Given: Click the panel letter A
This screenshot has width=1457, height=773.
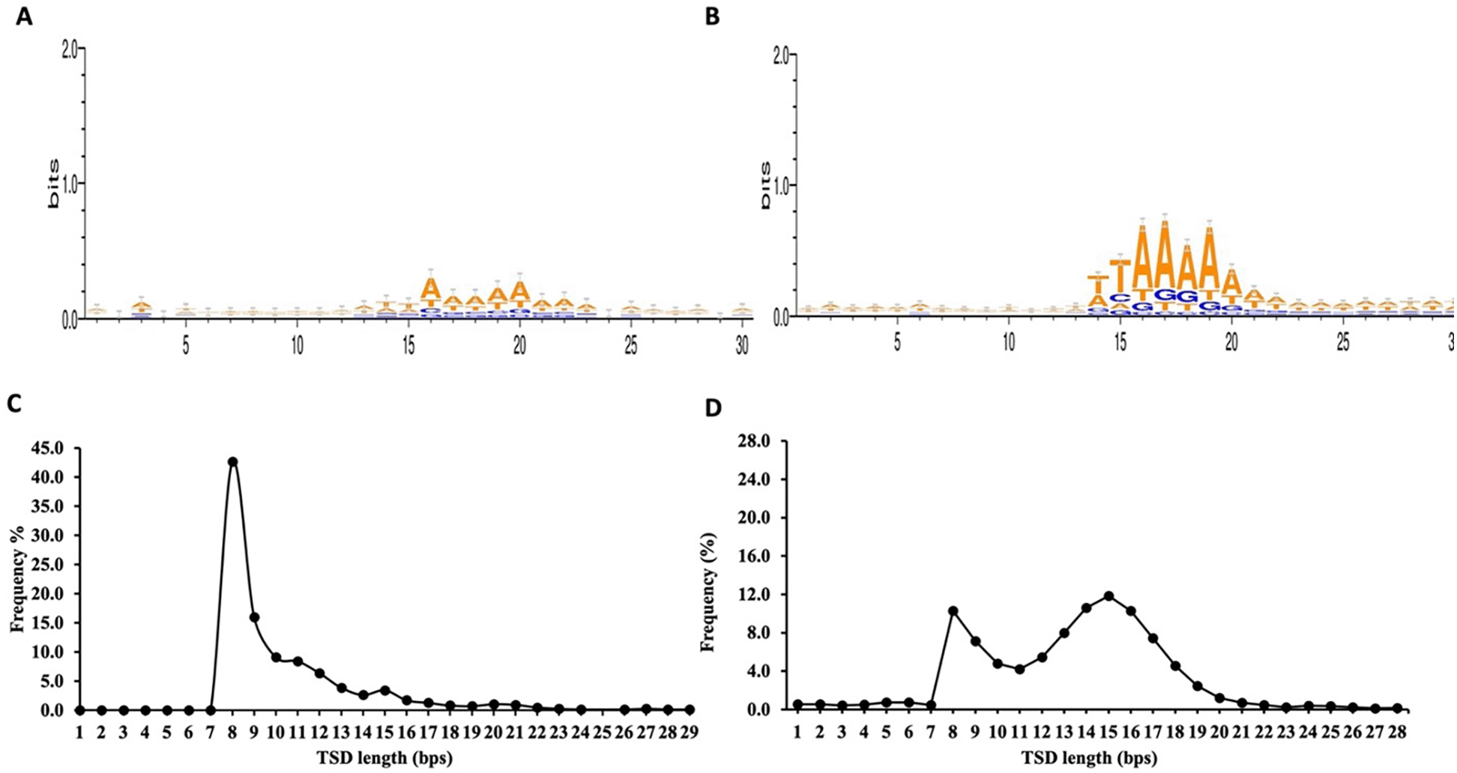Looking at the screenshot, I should pos(24,16).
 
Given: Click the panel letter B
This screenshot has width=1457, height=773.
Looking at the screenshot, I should pos(713,16).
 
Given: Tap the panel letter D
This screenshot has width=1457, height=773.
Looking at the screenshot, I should pos(714,408).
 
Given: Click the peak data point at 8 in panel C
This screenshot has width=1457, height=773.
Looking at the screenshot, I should pos(233,461).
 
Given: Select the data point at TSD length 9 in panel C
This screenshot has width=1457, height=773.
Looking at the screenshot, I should pos(255,616).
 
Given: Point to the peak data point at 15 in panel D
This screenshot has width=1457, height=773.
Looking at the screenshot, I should pos(1108,596).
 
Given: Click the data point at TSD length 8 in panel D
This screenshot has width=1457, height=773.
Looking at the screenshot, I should pos(953,611).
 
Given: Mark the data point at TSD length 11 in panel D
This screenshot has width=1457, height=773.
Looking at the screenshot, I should pos(1019,669).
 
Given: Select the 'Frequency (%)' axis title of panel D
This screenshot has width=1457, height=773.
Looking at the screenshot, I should pos(708,592).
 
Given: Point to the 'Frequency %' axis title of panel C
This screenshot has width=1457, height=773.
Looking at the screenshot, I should pos(18,578).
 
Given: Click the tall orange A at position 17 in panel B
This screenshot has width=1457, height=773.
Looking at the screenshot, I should pos(1165,255).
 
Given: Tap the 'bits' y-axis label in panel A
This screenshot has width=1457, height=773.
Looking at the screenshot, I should pos(53,183).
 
